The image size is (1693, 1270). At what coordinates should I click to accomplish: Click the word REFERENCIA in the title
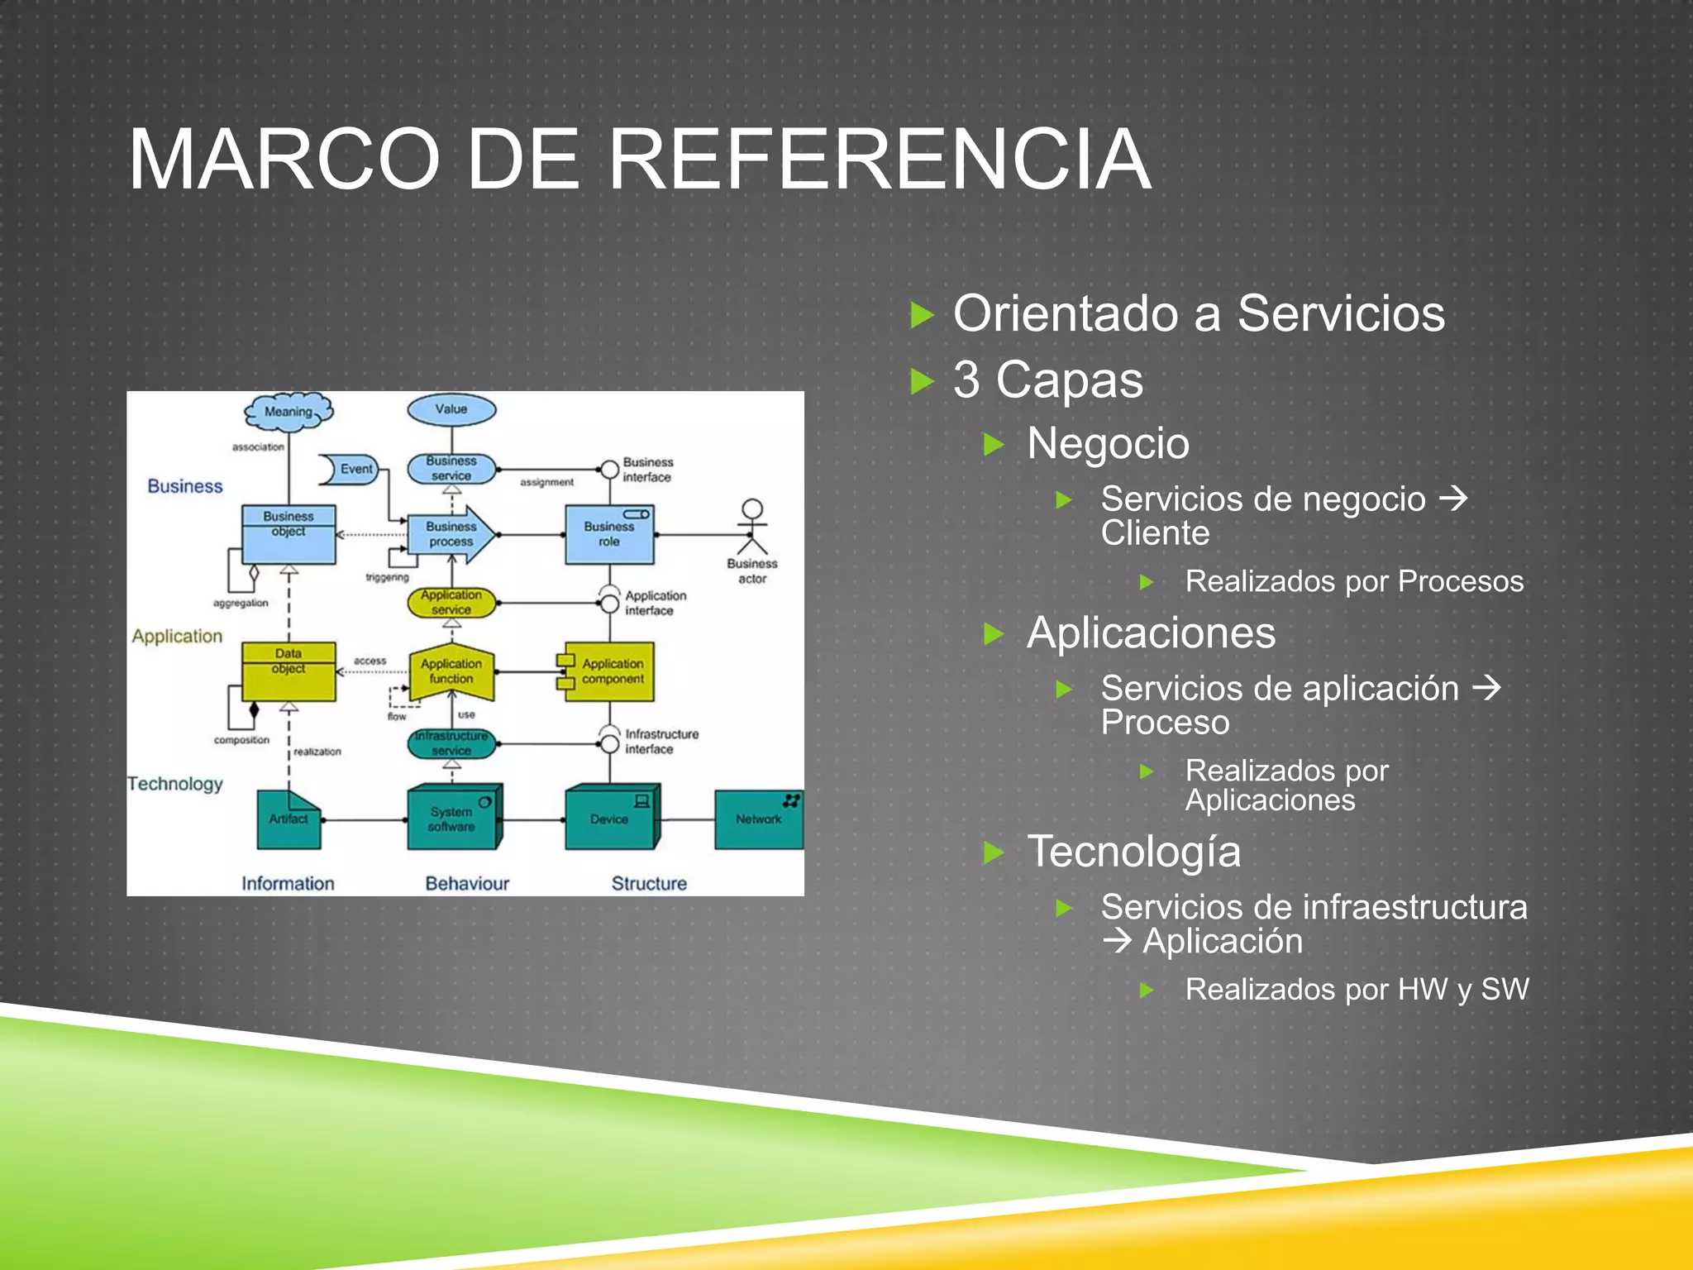pos(880,159)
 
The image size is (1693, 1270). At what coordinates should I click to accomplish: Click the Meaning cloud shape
pos(289,411)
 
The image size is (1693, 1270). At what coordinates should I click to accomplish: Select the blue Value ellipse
pos(451,409)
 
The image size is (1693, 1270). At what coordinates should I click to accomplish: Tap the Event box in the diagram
pos(351,469)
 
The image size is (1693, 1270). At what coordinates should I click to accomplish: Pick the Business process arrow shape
pos(451,534)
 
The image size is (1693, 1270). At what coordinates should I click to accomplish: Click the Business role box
pos(609,535)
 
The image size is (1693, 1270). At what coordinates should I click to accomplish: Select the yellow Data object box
pos(289,671)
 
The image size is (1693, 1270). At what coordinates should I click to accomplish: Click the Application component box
pos(610,671)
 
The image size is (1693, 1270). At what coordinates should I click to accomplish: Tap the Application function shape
pos(451,671)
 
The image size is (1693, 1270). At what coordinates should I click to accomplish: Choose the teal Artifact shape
pos(289,819)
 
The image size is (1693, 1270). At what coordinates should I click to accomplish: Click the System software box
pos(452,819)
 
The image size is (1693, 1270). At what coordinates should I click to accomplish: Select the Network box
pos(758,819)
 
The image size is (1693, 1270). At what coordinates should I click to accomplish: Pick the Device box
pos(610,819)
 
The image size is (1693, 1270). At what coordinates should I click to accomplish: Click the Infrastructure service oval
pos(451,743)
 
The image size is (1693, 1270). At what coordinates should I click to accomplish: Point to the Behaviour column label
pos(467,883)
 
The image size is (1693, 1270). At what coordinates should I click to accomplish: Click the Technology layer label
pos(175,783)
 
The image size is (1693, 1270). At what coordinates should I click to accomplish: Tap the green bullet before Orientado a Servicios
pos(922,315)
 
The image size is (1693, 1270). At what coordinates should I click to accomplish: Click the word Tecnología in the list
pos(1133,852)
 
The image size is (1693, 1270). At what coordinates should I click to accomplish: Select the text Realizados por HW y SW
pos(1357,990)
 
